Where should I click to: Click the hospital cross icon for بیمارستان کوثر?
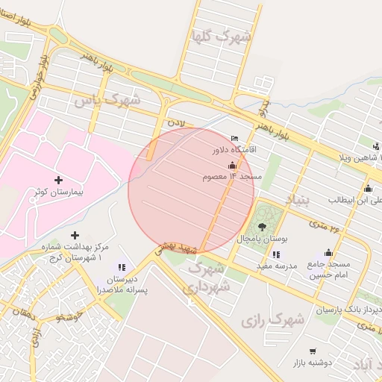coord(59,180)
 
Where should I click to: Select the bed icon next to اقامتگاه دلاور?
coord(235,138)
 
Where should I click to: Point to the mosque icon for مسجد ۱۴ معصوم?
coord(232,165)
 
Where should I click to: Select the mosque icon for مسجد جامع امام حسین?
coord(328,253)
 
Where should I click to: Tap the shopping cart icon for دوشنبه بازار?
coord(312,351)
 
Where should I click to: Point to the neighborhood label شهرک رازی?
coord(273,319)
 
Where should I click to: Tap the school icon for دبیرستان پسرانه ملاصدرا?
coord(122,266)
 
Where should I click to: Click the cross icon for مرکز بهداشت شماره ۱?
coord(75,236)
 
